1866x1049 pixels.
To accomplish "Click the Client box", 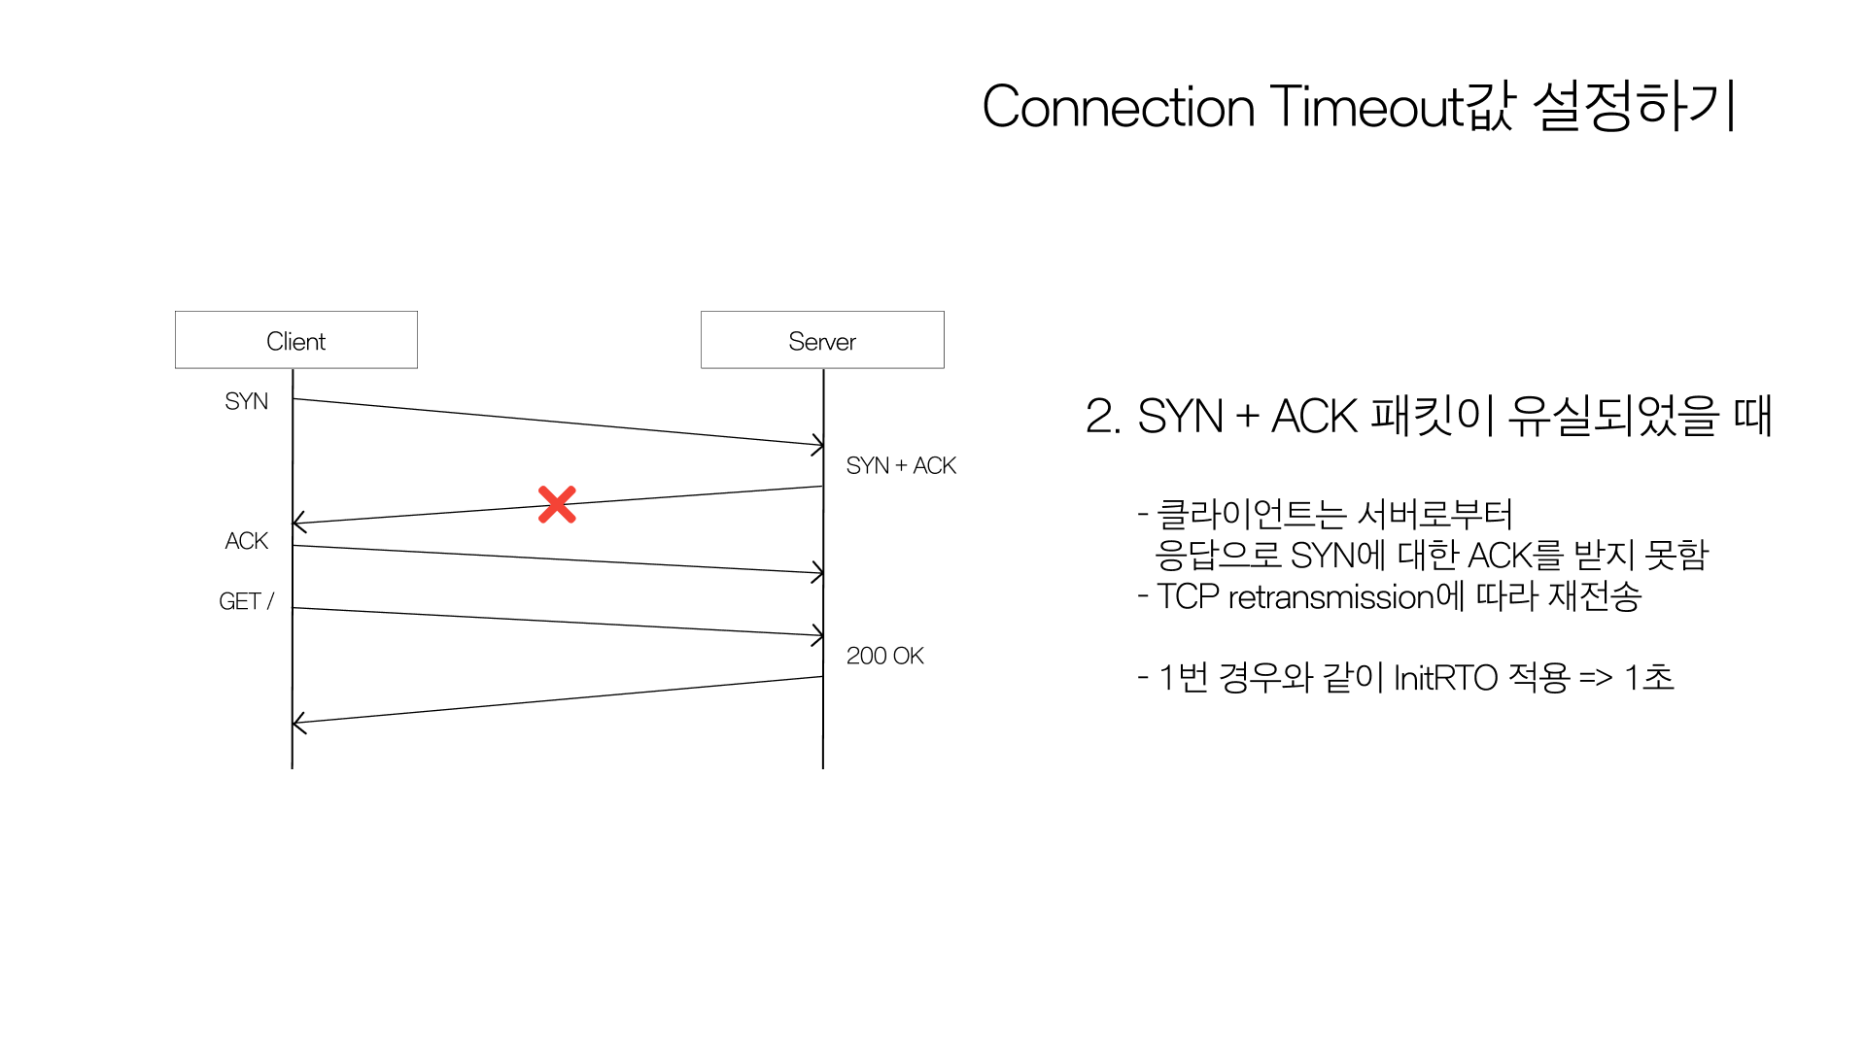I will pyautogui.click(x=296, y=340).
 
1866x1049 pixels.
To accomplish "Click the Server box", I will pyautogui.click(x=822, y=340).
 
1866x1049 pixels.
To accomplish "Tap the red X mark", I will pyautogui.click(x=557, y=505).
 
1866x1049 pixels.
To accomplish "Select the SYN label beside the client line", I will pyautogui.click(x=246, y=401).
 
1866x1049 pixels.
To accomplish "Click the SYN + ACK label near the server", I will pyautogui.click(x=901, y=466).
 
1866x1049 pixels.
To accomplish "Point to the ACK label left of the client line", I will pyautogui.click(x=246, y=541).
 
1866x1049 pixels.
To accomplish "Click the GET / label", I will pyautogui.click(x=247, y=601).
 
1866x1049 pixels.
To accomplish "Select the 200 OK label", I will pyautogui.click(x=884, y=656).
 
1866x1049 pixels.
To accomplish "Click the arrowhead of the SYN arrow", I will pyautogui.click(x=818, y=445).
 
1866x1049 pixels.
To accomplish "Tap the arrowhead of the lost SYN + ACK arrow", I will pyautogui.click(x=298, y=523).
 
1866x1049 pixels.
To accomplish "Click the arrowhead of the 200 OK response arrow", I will pyautogui.click(x=298, y=723).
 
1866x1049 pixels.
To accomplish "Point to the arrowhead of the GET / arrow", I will pyautogui.click(x=818, y=635).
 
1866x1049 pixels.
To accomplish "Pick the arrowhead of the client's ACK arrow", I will pyautogui.click(x=818, y=572).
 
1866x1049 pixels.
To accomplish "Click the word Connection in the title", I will pyautogui.click(x=1119, y=106).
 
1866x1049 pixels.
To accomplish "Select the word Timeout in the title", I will pyautogui.click(x=1366, y=106).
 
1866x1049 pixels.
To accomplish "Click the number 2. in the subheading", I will pyautogui.click(x=1103, y=417).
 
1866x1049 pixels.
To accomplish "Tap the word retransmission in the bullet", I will pyautogui.click(x=1331, y=596).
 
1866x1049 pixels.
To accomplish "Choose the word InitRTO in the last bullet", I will pyautogui.click(x=1445, y=677).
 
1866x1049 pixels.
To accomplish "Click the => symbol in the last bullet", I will pyautogui.click(x=1596, y=677).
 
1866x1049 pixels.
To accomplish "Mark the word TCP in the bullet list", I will pyautogui.click(x=1188, y=596).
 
